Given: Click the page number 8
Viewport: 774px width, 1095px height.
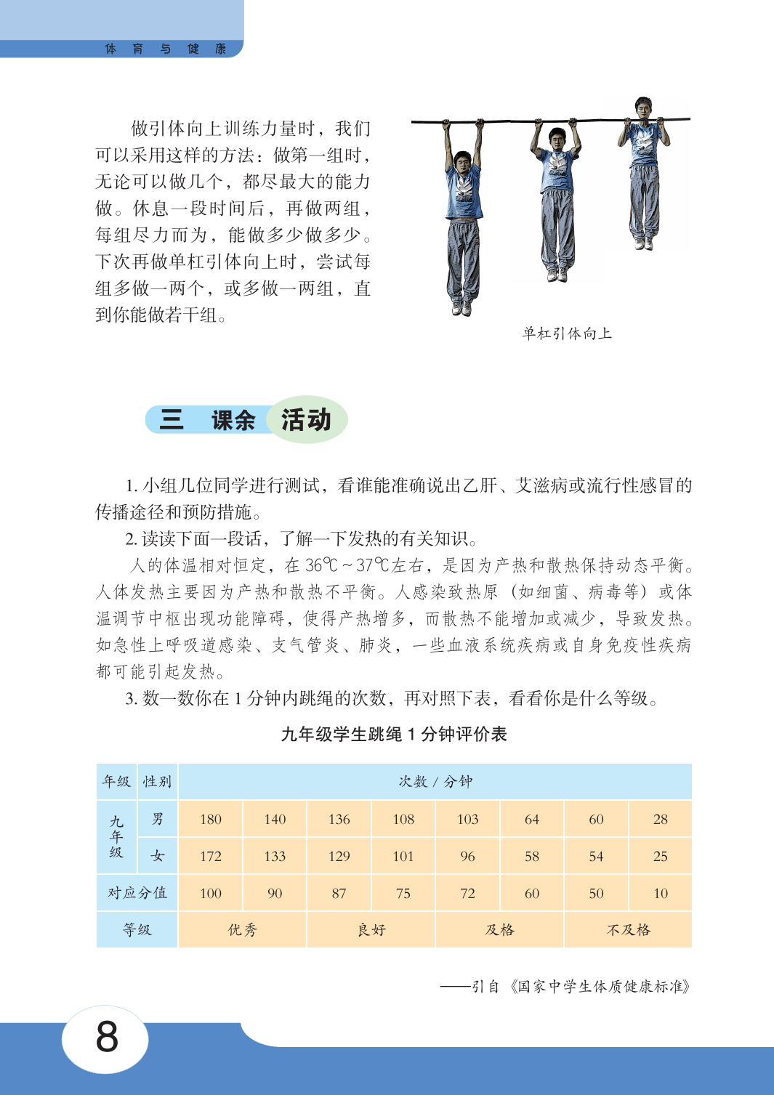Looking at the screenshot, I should point(106,1036).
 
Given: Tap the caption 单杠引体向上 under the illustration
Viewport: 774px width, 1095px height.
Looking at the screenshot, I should point(567,334).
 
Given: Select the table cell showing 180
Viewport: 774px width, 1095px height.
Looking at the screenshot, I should point(211,819).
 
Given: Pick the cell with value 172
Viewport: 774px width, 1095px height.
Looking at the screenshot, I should point(211,856).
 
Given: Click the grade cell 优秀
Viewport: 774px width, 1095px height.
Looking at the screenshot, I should point(242,930).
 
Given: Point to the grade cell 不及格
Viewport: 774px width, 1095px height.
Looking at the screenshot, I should point(629,930).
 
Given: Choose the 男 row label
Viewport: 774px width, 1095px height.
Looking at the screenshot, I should point(158,819).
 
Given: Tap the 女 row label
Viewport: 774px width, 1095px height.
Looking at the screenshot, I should point(158,856).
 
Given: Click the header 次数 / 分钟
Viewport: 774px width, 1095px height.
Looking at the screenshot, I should point(435,782).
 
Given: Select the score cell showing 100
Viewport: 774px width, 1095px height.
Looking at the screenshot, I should point(211,893).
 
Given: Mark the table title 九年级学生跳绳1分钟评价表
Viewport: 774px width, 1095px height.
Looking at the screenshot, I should point(394,735).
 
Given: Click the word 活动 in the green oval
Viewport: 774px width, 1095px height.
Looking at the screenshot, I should point(306,420).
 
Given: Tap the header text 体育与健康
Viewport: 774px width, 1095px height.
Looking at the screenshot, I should point(166,49).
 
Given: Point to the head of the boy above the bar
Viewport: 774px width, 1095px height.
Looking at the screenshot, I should point(643,107).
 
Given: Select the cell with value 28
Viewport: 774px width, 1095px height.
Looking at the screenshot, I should point(660,819).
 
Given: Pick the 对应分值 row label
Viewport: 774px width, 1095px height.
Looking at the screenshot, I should point(137,893).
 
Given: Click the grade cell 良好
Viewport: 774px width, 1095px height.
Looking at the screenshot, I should point(371,930).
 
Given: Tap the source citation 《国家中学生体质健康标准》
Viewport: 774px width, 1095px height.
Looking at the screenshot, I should point(600,986).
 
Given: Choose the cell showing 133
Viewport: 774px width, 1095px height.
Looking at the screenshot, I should point(275,856).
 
